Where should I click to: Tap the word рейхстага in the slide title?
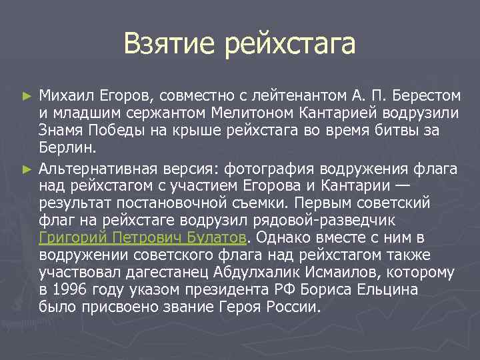pyautogui.click(x=290, y=45)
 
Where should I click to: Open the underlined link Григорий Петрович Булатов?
pyautogui.click(x=143, y=237)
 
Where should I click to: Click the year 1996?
pyautogui.click(x=71, y=290)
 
